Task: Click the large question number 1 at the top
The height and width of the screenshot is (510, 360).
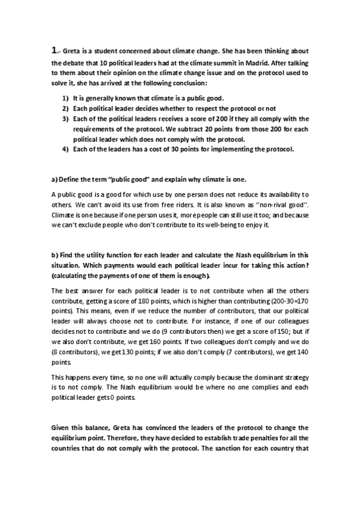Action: click(x=54, y=51)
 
